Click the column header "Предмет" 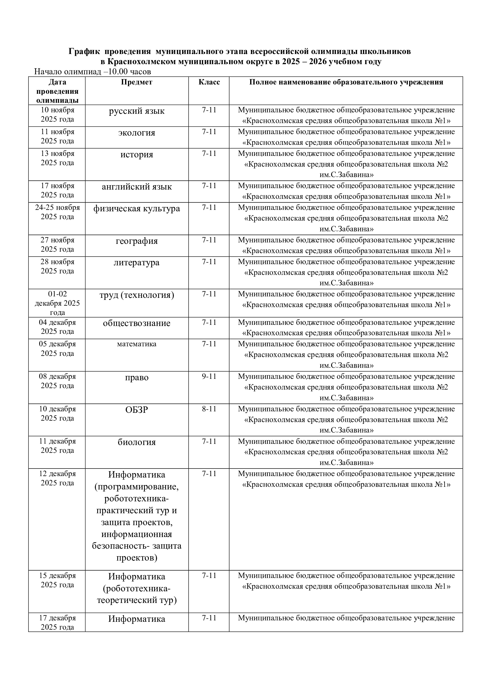coord(137,82)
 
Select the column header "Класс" coord(209,82)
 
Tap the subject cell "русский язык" coord(137,111)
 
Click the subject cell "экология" coord(137,133)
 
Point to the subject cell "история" coord(137,155)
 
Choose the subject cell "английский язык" coord(137,187)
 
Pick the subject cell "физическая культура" coord(137,209)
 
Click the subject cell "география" coord(137,241)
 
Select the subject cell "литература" coord(137,263)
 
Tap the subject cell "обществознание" coord(137,323)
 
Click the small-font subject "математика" coord(137,344)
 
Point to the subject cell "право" coord(137,378)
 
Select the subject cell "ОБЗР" coord(137,410)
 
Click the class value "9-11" coord(209,377)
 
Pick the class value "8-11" coord(209,409)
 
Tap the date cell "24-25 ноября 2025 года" coord(57,212)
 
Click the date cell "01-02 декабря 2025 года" coord(57,303)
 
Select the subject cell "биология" coord(137,442)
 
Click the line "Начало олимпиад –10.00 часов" coord(93,72)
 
